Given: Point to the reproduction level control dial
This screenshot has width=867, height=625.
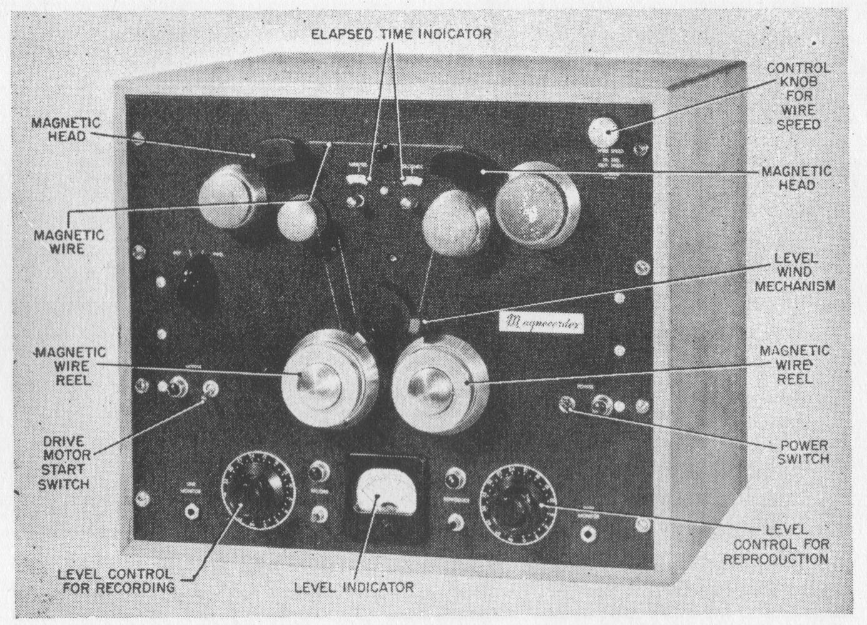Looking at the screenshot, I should tap(517, 501).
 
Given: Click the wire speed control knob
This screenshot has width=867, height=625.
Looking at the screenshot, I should tap(602, 131).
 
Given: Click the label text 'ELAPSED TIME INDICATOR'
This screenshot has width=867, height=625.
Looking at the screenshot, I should tap(401, 34).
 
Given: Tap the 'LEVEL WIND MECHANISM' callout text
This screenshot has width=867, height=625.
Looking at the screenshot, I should tap(795, 272).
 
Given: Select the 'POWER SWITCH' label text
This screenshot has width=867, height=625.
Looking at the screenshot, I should tap(804, 452).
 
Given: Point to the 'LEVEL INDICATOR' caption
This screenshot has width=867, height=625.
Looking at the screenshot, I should tap(353, 587).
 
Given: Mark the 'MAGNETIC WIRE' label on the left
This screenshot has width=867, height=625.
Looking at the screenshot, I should tap(68, 242).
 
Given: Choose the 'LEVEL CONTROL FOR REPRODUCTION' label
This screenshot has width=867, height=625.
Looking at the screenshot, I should tap(776, 545).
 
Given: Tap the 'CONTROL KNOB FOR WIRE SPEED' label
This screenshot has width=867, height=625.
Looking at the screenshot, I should tap(798, 96).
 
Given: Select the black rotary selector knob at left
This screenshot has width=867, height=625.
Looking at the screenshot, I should tap(195, 282).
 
